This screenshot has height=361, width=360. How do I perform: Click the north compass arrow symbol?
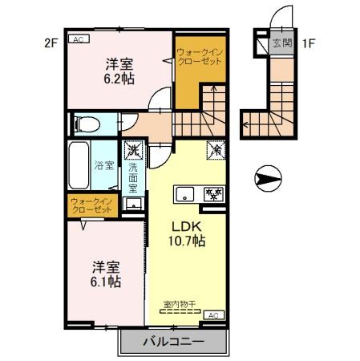click(267, 174)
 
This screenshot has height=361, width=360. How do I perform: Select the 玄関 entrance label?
click(281, 43)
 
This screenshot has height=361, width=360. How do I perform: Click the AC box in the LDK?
click(213, 315)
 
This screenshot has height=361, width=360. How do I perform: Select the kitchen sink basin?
click(185, 194)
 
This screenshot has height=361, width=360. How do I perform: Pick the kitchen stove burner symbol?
click(213, 193)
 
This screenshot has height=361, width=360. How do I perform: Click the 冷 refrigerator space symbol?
click(216, 149)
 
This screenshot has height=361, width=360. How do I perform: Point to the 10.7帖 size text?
click(188, 241)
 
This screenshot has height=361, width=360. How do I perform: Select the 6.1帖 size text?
click(105, 282)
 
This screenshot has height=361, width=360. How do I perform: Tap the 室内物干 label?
click(180, 303)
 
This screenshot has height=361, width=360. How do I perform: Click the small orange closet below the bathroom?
click(92, 205)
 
